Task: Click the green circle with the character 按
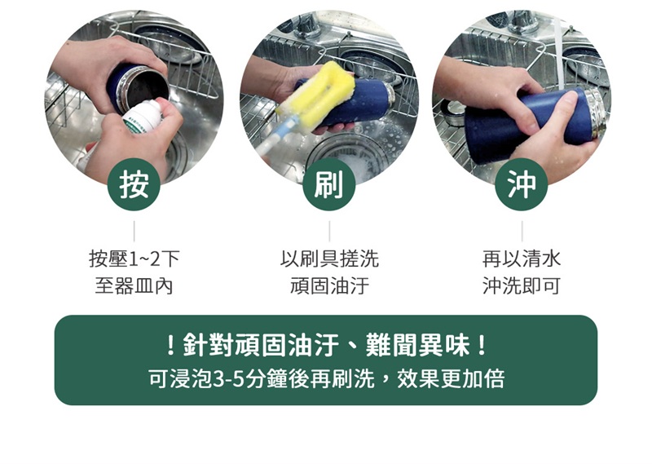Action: tap(134, 184)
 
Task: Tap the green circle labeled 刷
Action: tap(329, 184)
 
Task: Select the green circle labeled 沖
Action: tap(522, 184)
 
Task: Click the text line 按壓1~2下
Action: tap(134, 259)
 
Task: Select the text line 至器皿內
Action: tap(134, 286)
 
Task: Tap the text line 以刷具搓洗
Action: tap(329, 259)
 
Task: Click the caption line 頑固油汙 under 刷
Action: tap(329, 286)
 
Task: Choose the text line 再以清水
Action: tap(522, 259)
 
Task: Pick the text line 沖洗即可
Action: tap(522, 286)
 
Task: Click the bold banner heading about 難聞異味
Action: tap(326, 346)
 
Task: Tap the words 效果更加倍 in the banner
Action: tap(451, 379)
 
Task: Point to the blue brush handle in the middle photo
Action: tap(275, 136)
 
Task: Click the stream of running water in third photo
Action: tap(558, 54)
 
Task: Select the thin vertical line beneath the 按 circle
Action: tap(134, 232)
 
